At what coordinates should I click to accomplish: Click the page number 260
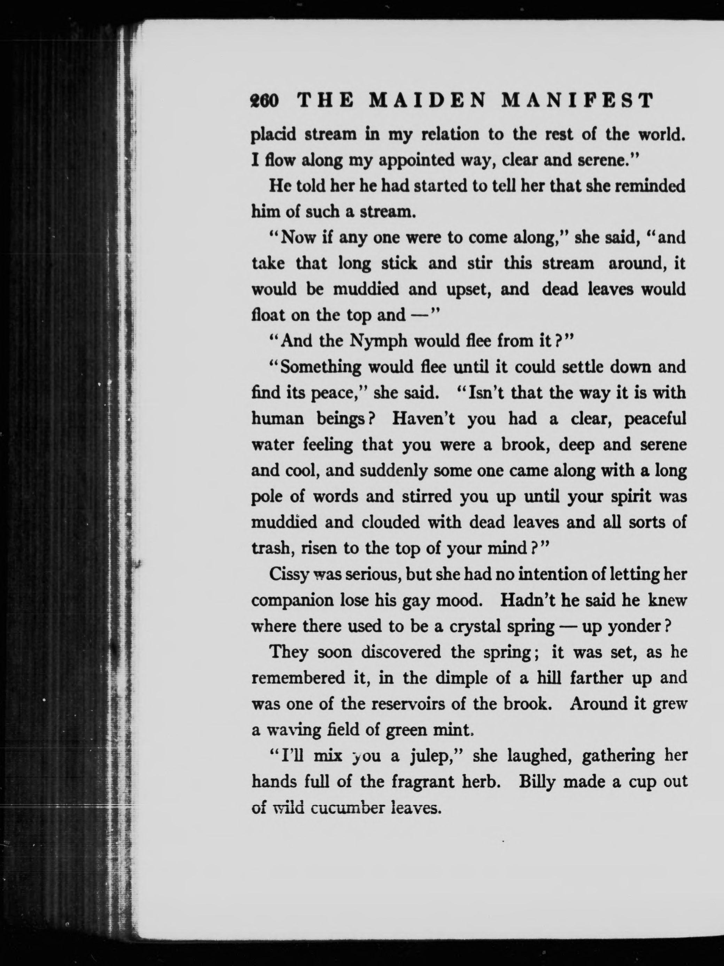click(264, 102)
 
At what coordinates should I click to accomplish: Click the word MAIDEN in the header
click(427, 102)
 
